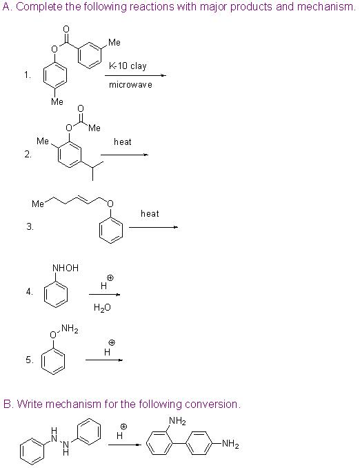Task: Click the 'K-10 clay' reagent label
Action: click(x=128, y=66)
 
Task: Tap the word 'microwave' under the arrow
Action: click(x=130, y=85)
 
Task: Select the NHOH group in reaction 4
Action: click(x=66, y=268)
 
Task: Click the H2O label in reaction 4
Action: click(x=102, y=307)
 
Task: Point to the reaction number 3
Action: click(x=30, y=227)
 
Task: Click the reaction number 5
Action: click(x=30, y=360)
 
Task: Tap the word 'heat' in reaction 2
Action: click(x=123, y=142)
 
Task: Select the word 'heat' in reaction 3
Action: click(x=150, y=214)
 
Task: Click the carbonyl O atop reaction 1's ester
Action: click(x=66, y=29)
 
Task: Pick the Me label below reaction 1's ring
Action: click(x=57, y=101)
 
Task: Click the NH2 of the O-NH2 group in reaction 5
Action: click(x=70, y=329)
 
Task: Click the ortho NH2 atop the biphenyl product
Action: click(x=177, y=421)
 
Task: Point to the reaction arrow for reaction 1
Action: click(x=135, y=75)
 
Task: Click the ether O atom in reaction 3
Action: click(x=110, y=204)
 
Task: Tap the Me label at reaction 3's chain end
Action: click(x=38, y=204)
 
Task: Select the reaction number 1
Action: click(x=28, y=75)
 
